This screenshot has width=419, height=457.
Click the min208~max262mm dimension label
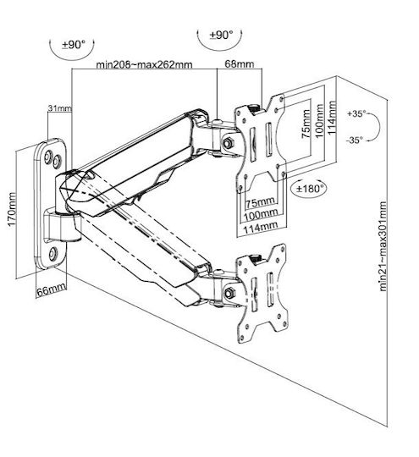coord(144,64)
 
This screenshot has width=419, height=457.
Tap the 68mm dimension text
coord(239,63)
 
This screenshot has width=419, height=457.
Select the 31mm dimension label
coord(59,108)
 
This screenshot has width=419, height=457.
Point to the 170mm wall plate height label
coord(11,209)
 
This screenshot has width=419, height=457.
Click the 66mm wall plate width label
coord(51,290)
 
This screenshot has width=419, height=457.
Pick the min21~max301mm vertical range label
coord(383,246)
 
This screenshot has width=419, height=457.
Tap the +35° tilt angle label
coord(356,113)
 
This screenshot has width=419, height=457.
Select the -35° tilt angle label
coord(355,140)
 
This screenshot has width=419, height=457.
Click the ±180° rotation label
coord(310,189)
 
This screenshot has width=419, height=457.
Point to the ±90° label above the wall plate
coord(73,45)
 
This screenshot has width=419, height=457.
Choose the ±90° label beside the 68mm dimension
coord(221,35)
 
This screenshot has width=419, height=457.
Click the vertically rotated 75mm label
coord(306,124)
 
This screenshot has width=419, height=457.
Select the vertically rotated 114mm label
coord(332,118)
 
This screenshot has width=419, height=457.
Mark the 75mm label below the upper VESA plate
coord(260,202)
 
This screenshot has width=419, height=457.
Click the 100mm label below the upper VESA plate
coord(261,215)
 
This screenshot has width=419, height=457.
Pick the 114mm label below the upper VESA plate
coord(261,227)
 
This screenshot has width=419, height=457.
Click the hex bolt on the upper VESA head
coord(228,142)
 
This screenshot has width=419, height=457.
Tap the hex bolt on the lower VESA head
coord(229,292)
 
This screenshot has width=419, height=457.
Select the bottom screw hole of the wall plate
coord(53,254)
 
